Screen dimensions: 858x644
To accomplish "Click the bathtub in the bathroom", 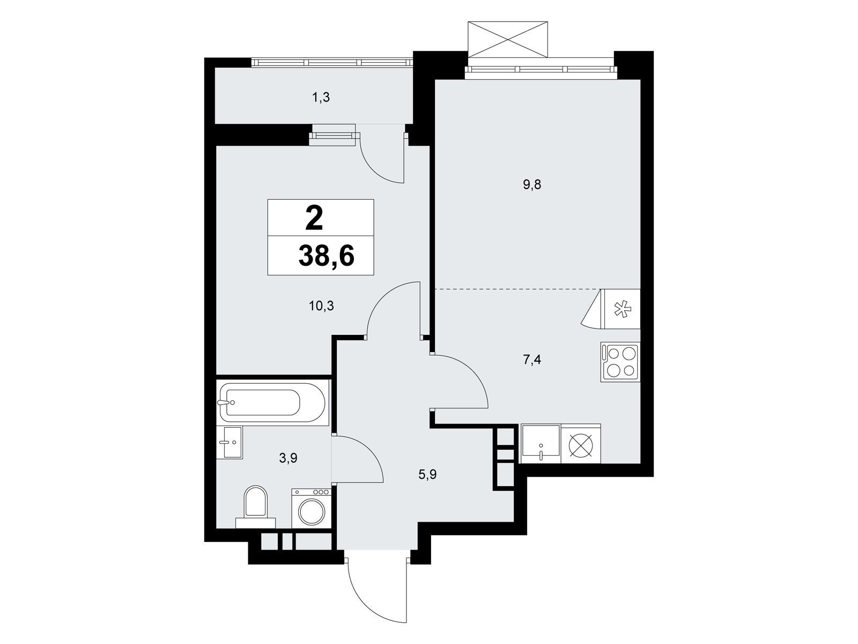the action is (x=272, y=402).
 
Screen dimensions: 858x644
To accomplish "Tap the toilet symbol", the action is (x=256, y=507).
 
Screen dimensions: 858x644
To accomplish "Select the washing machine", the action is (x=311, y=508).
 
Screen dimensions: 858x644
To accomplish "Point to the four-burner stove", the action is (x=620, y=362).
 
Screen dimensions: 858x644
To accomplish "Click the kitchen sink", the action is (x=541, y=444).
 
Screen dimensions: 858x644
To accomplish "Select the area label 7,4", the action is (x=532, y=360).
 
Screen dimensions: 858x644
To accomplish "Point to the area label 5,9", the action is (x=427, y=475).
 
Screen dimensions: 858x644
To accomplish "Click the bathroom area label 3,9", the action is (x=288, y=458).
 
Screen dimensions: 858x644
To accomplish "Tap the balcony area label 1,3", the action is (x=321, y=97).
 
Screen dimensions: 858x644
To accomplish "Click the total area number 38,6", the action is (x=327, y=257).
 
